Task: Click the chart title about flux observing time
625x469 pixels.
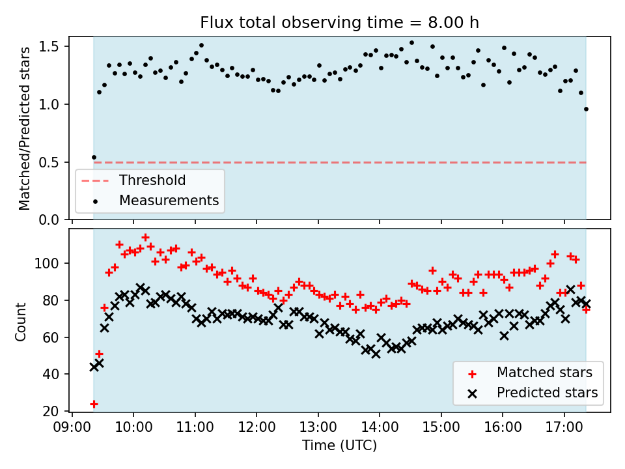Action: click(339, 23)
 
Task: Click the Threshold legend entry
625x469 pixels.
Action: click(152, 180)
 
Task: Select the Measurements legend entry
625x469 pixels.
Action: click(169, 201)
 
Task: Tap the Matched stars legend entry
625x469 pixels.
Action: click(544, 373)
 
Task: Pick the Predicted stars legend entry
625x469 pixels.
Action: click(547, 393)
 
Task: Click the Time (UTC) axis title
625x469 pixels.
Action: click(339, 446)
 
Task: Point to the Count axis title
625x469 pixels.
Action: click(21, 321)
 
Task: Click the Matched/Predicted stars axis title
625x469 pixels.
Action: click(25, 128)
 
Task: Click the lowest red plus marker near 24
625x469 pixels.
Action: click(94, 404)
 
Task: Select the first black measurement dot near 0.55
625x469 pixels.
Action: click(94, 157)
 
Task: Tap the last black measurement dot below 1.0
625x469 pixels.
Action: click(586, 109)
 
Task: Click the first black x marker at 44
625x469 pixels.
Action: click(94, 367)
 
